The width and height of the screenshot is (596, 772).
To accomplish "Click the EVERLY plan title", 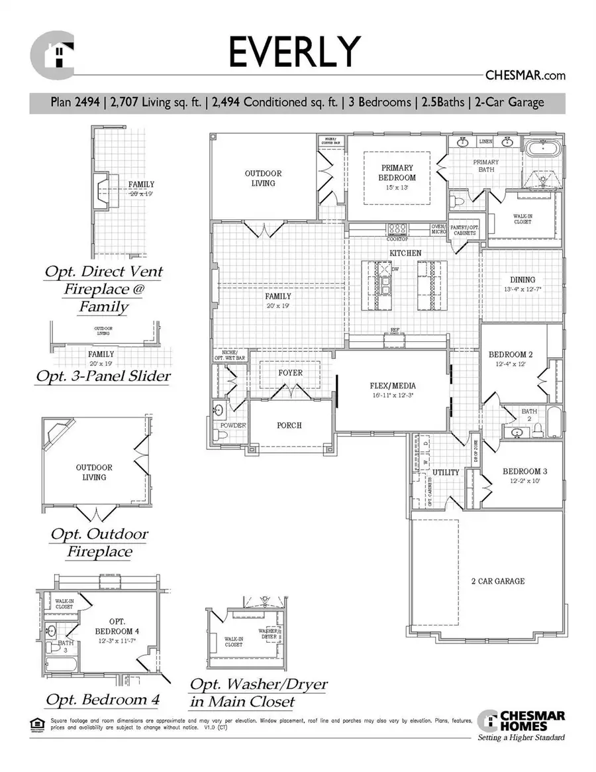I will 296,52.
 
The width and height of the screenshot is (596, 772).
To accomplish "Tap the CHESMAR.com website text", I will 526,76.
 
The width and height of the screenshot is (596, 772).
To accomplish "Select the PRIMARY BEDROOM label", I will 397,173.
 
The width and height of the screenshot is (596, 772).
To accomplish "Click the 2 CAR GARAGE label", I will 498,581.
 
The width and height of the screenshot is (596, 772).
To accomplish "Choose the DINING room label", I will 522,280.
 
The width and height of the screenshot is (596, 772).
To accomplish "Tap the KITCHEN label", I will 405,253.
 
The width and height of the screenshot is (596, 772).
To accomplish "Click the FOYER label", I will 290,373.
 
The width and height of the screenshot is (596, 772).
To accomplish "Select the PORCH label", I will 290,425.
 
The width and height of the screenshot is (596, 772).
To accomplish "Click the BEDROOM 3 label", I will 524,472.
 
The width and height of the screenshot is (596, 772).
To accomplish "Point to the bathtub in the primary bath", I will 542,147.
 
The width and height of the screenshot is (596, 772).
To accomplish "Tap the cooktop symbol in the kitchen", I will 397,229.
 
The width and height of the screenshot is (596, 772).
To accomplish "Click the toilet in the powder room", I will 221,435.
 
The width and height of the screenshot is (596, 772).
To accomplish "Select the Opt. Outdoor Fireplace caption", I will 99,543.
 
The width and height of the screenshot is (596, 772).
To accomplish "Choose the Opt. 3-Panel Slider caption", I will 103,376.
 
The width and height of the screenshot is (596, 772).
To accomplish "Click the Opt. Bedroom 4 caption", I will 102,700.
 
